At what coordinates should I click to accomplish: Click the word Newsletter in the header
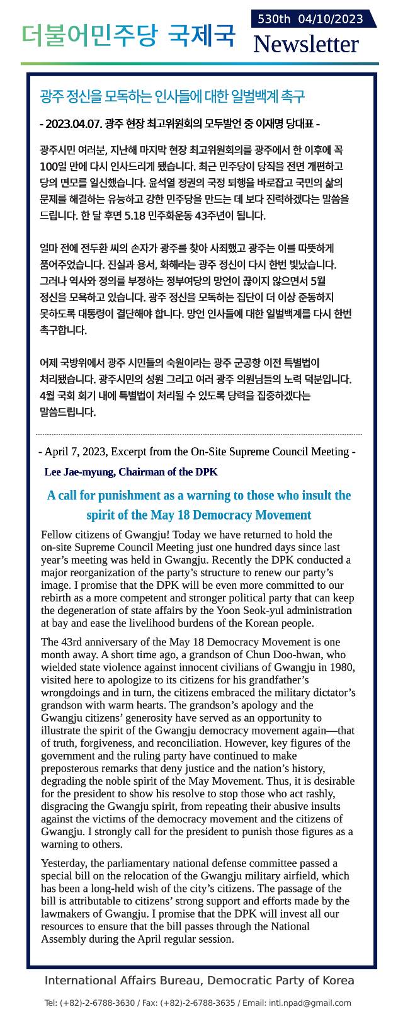[x=305, y=45]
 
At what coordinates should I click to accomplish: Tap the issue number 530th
[x=274, y=20]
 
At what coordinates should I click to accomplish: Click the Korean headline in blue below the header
[x=172, y=97]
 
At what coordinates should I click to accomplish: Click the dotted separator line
[x=199, y=434]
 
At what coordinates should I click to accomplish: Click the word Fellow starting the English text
[x=57, y=535]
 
